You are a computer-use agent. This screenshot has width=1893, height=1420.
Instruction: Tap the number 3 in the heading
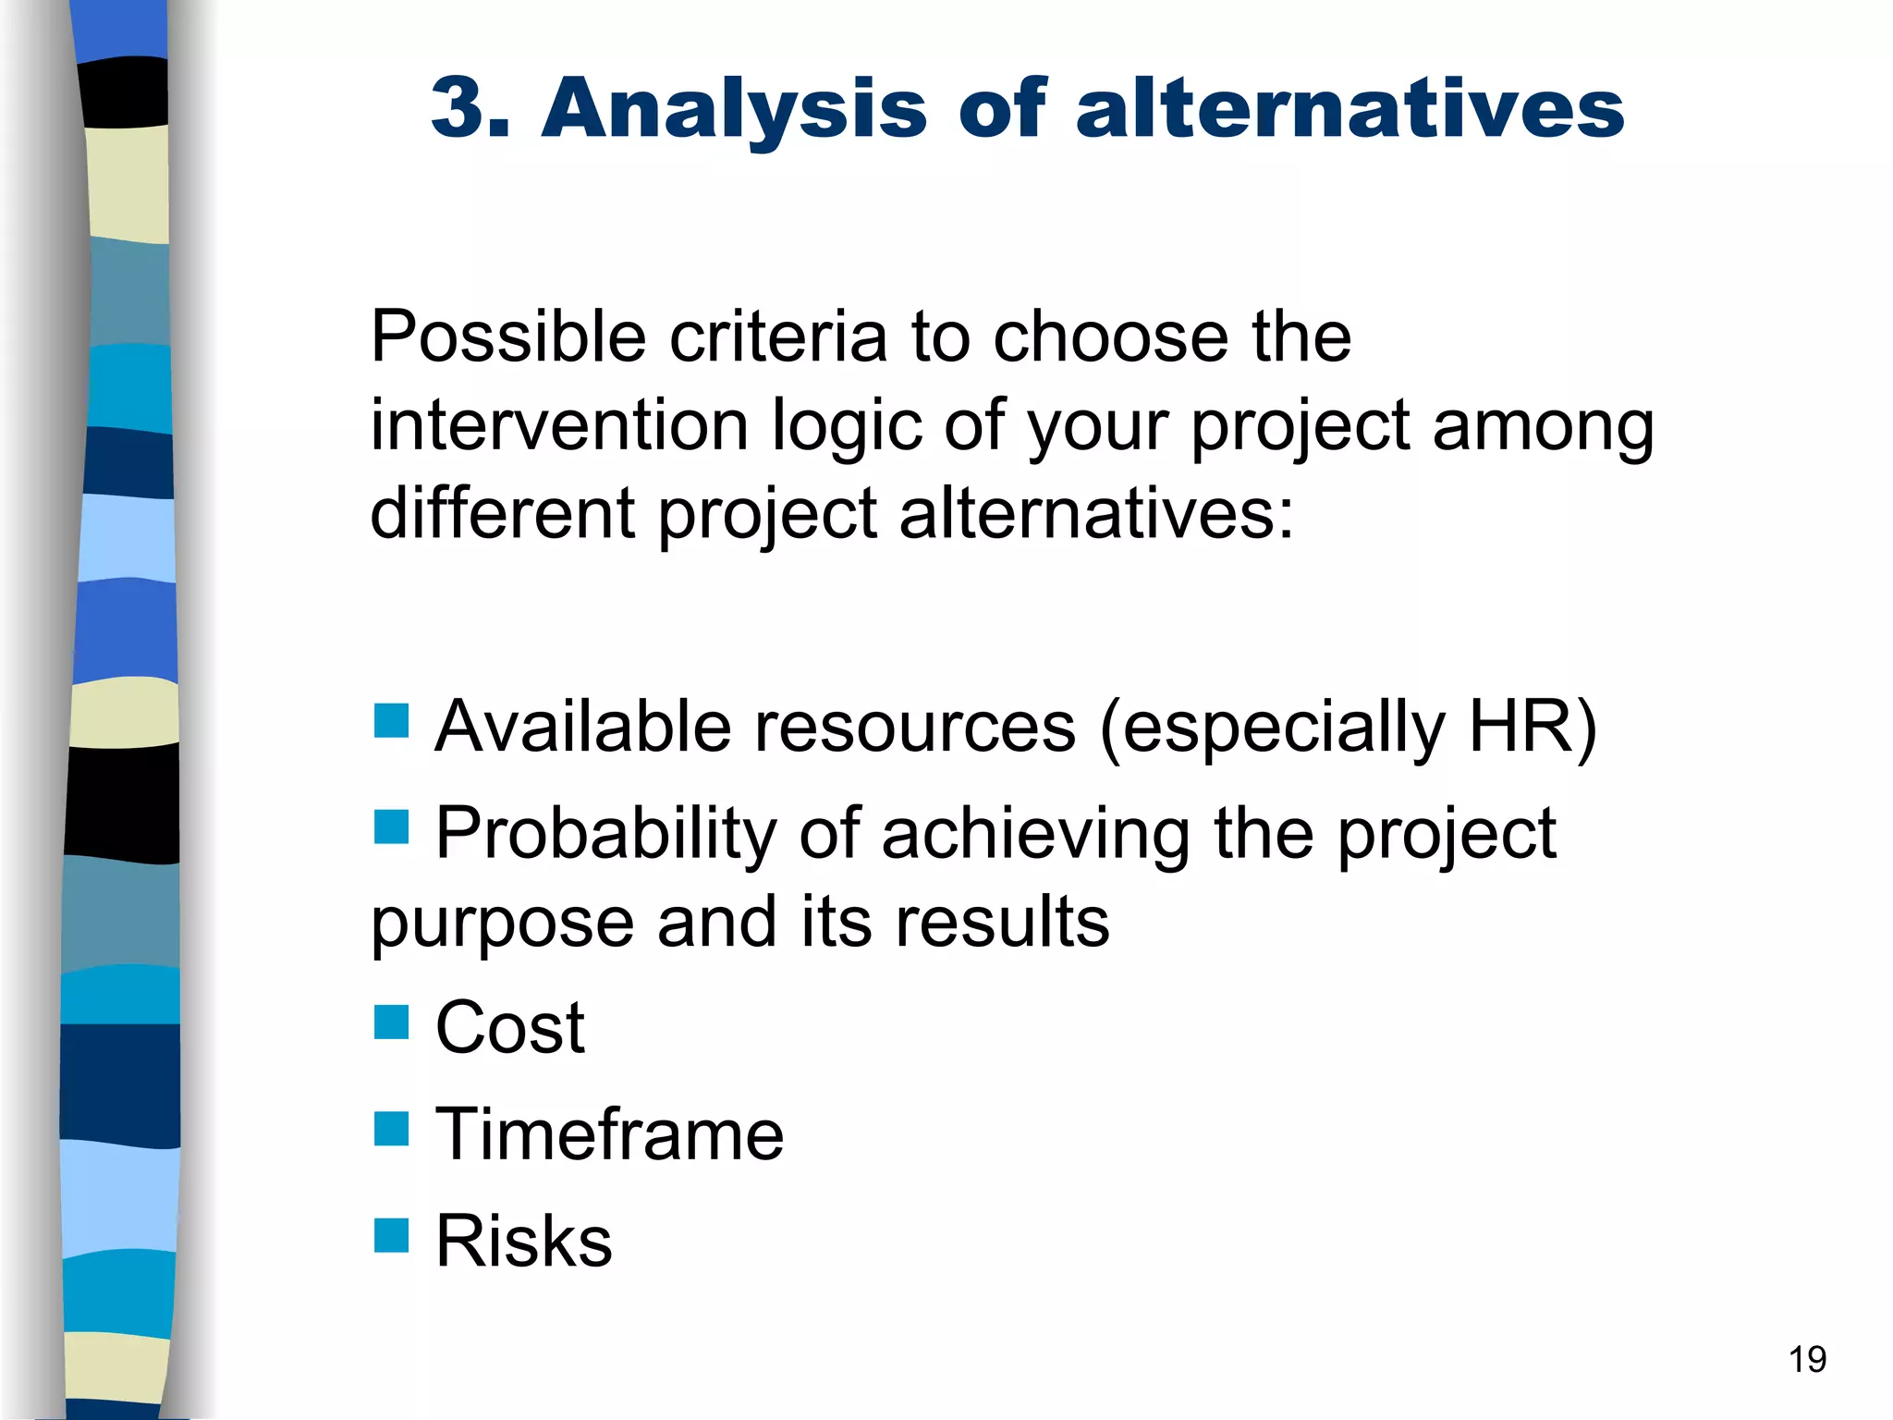[x=459, y=108]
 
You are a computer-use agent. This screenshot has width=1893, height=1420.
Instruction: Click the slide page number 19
[x=1807, y=1360]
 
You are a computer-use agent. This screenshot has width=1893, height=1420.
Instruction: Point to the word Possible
[x=507, y=337]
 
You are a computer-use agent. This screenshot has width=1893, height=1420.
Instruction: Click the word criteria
[x=778, y=337]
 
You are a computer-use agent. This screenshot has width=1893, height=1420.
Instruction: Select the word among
[x=1543, y=427]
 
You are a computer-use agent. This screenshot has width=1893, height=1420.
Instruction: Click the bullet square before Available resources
[x=391, y=721]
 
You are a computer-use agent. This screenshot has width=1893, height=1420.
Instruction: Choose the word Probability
[x=605, y=835]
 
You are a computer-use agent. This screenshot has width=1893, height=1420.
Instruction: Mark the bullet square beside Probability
[x=391, y=827]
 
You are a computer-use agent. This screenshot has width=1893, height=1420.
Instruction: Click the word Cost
[x=509, y=1028]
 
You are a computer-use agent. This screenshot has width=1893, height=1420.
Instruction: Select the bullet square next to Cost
[x=391, y=1022]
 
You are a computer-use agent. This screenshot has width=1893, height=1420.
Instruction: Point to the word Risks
[x=523, y=1241]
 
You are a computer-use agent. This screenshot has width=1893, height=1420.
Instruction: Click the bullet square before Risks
[x=391, y=1235]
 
